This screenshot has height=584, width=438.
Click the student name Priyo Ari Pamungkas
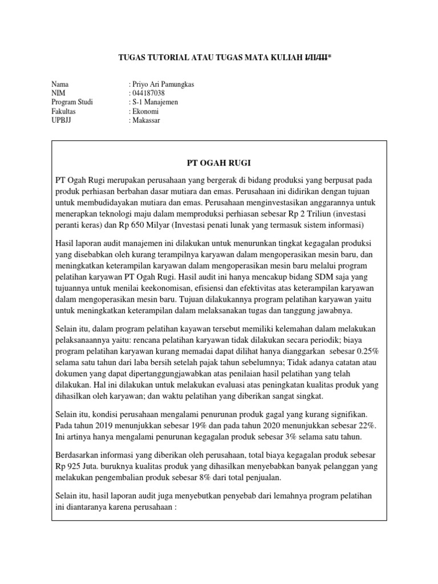click(x=163, y=84)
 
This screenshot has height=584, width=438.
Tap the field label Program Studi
click(x=72, y=103)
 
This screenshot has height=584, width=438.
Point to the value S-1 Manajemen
click(x=155, y=103)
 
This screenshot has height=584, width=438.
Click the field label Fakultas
click(x=63, y=112)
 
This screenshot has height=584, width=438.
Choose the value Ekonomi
click(x=146, y=112)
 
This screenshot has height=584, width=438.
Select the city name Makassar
click(x=148, y=121)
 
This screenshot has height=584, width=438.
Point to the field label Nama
click(x=60, y=84)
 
